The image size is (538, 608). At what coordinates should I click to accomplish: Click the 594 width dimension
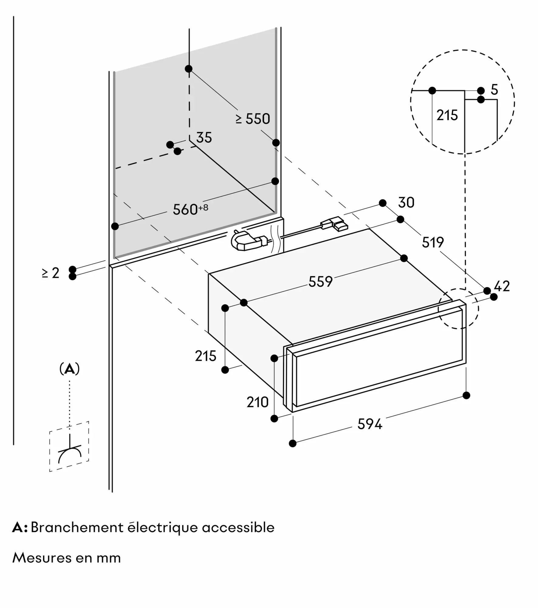click(x=369, y=424)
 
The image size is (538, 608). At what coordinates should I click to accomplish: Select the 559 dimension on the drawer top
click(x=320, y=282)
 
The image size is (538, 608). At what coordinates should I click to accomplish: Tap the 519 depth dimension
click(x=433, y=242)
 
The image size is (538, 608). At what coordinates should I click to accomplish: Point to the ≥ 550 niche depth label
click(x=253, y=119)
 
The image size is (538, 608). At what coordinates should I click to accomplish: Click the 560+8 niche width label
click(x=190, y=209)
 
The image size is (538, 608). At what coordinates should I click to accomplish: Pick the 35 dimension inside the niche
click(x=204, y=138)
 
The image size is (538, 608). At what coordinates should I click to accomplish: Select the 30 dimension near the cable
click(x=406, y=203)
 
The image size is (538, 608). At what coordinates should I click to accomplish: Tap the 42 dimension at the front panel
click(x=502, y=286)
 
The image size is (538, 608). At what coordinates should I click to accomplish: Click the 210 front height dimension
click(x=257, y=402)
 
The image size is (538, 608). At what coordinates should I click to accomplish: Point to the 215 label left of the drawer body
click(x=205, y=356)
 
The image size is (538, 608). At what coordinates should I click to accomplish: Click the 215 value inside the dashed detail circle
click(x=447, y=116)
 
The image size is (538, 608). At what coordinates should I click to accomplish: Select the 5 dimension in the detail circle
click(x=494, y=90)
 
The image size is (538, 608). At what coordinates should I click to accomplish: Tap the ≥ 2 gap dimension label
click(x=51, y=273)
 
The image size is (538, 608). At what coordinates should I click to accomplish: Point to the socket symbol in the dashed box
click(x=70, y=453)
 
